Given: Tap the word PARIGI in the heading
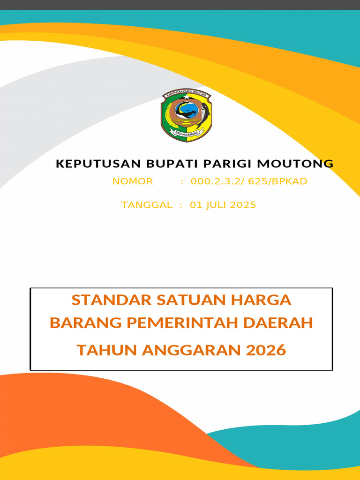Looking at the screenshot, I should click(x=223, y=164).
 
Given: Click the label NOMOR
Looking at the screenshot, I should click(x=133, y=181).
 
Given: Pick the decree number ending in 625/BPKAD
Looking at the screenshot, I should click(x=249, y=181).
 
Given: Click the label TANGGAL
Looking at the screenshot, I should click(x=147, y=205).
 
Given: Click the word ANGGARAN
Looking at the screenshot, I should click(x=194, y=350).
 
